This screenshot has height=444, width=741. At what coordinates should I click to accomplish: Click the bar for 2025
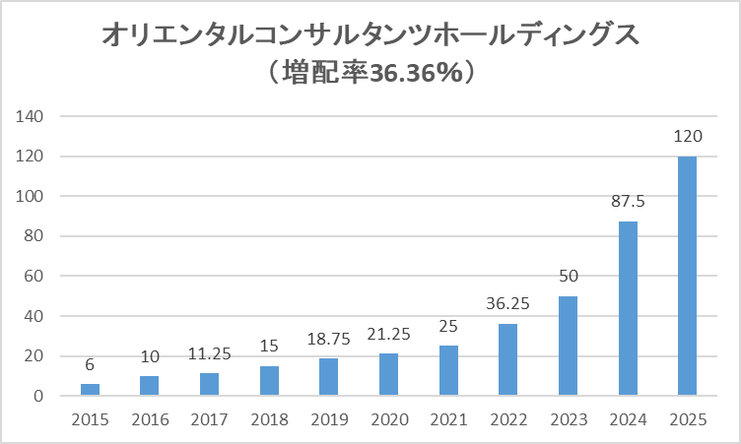pyautogui.click(x=687, y=276)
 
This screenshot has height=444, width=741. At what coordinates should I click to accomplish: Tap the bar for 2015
pyautogui.click(x=90, y=390)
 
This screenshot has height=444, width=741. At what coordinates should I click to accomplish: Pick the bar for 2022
pyautogui.click(x=508, y=359)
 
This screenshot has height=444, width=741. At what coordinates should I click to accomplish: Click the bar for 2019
pyautogui.click(x=329, y=377)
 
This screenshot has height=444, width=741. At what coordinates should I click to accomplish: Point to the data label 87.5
pyautogui.click(x=628, y=202)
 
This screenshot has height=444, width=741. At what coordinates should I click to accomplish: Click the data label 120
pyautogui.click(x=687, y=137)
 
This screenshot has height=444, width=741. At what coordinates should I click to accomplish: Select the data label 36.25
pyautogui.click(x=508, y=304)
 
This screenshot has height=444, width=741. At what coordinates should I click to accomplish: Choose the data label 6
pyautogui.click(x=90, y=364)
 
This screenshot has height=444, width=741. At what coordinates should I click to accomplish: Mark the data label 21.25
pyautogui.click(x=388, y=334)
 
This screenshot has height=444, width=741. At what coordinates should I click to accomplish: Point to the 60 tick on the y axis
pyautogui.click(x=35, y=277)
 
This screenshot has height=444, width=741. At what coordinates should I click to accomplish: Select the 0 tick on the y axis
pyautogui.click(x=39, y=397)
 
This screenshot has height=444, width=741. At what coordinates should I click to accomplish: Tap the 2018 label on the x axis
pyautogui.click(x=269, y=420)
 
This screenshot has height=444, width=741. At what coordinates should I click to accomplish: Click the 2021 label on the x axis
pyautogui.click(x=448, y=420)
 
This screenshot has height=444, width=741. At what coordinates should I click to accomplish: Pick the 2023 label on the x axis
pyautogui.click(x=568, y=420)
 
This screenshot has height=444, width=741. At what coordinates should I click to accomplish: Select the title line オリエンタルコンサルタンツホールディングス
pyautogui.click(x=370, y=35)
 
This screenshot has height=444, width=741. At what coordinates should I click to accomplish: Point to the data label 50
pyautogui.click(x=568, y=277)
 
